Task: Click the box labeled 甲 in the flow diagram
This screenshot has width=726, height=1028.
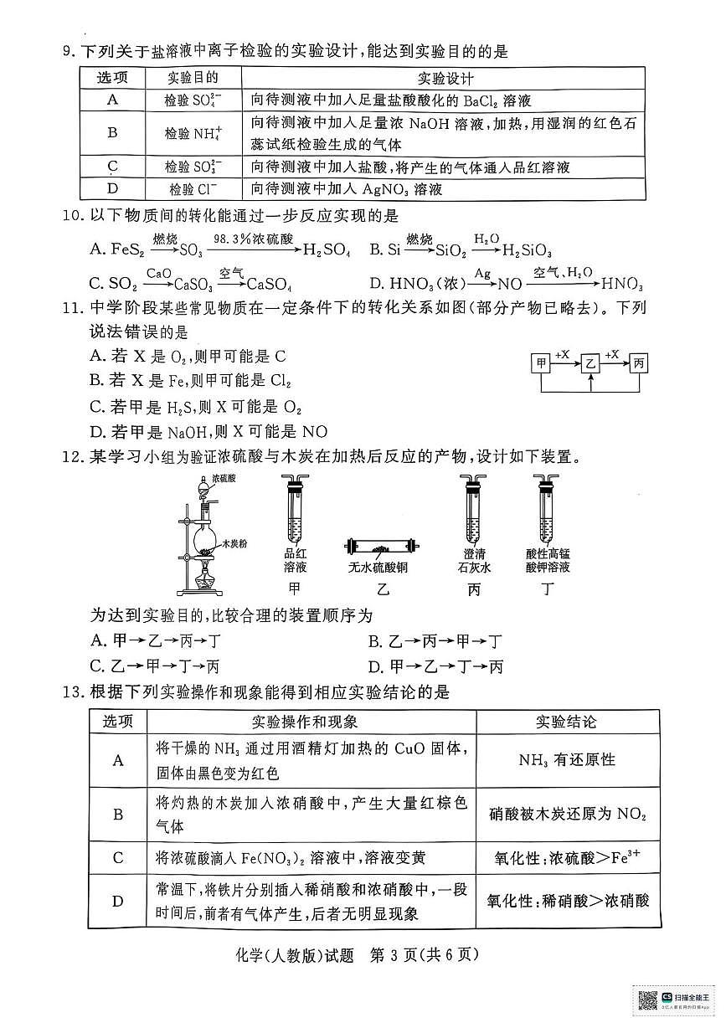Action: click(x=542, y=363)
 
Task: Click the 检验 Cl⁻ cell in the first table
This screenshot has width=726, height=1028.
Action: click(x=193, y=189)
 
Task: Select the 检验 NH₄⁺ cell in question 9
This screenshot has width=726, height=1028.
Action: click(x=193, y=133)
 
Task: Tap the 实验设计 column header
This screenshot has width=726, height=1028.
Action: click(x=444, y=79)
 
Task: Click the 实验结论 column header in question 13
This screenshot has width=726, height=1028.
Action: click(x=566, y=722)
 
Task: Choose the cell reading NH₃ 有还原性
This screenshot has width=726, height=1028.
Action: click(x=566, y=760)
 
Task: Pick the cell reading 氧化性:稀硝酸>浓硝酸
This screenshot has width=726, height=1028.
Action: click(x=567, y=901)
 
